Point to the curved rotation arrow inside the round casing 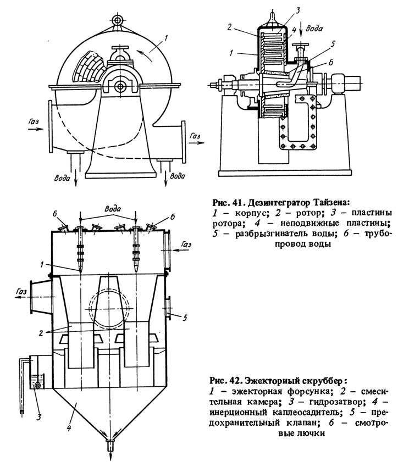coord(146,55)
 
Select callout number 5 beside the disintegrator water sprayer coord(333,45)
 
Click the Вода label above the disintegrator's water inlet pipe coord(314,29)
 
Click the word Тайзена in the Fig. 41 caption coord(330,203)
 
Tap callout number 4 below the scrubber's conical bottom coord(69,428)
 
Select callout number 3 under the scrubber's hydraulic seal coord(38,417)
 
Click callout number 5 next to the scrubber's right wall coord(185,318)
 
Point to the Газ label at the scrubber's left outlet coord(21,292)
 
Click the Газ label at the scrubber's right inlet coord(186,244)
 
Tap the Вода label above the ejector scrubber coord(113,208)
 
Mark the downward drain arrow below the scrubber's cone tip coord(110,455)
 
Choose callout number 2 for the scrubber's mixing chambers coord(41,333)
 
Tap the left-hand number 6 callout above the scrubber coord(55,214)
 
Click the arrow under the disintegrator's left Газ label coord(36,129)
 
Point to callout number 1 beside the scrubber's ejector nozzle coord(42,264)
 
